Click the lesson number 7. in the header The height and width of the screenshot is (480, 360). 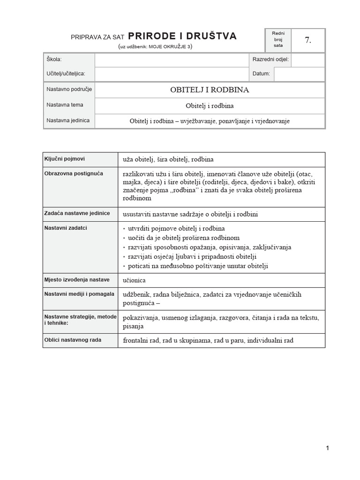pyautogui.click(x=307, y=40)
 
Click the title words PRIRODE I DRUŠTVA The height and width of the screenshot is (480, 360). pyautogui.click(x=182, y=36)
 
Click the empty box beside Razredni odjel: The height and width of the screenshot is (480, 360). pyautogui.click(x=307, y=60)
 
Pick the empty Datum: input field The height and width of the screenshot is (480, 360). pyautogui.click(x=299, y=74)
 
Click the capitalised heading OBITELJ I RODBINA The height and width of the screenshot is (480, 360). pyautogui.click(x=210, y=90)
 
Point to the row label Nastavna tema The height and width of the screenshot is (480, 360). pyautogui.click(x=65, y=105)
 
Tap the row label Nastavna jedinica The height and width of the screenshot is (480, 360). pyautogui.click(x=67, y=120)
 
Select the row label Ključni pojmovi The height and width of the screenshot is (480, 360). pyautogui.click(x=65, y=159)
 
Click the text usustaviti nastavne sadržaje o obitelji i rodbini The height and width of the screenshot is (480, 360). pyautogui.click(x=190, y=214)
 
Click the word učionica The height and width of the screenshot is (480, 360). pyautogui.click(x=135, y=280)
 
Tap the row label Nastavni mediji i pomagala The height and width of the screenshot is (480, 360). pyautogui.click(x=79, y=294)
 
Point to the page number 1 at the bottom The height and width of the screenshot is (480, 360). pyautogui.click(x=327, y=448)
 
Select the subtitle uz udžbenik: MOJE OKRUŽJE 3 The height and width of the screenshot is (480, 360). pyautogui.click(x=155, y=47)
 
